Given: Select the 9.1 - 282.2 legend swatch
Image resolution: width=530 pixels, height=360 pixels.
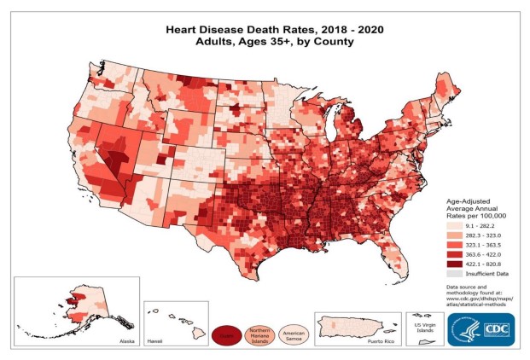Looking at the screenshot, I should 455,224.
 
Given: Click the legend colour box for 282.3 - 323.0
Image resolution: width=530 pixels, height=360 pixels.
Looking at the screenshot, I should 455,234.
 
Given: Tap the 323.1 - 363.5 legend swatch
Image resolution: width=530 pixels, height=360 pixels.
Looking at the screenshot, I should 455,244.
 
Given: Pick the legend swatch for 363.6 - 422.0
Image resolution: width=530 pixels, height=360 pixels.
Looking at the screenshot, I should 455,254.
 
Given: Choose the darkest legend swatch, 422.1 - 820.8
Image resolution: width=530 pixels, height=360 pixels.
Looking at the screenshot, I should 455,264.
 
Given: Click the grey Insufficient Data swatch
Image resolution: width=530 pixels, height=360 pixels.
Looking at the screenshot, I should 455,275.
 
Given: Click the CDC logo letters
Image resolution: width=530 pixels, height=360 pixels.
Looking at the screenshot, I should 496,328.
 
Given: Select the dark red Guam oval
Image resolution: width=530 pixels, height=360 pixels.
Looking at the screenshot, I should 228,334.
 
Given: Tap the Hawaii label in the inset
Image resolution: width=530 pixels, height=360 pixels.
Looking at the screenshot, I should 154,340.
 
